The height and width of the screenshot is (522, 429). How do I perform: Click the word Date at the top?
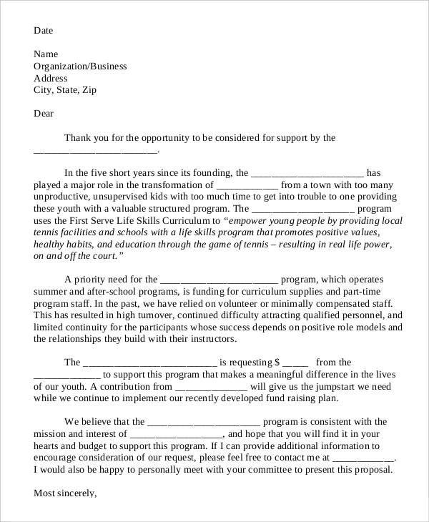pyautogui.click(x=44, y=31)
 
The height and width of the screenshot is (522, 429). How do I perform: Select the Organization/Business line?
pyautogui.click(x=80, y=67)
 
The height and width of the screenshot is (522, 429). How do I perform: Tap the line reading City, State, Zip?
pyautogui.click(x=65, y=90)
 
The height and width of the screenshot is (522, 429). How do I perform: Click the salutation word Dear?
pyautogui.click(x=44, y=114)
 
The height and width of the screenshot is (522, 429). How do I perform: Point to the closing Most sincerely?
pyautogui.click(x=65, y=493)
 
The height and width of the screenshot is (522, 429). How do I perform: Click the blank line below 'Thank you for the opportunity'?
pyautogui.click(x=96, y=150)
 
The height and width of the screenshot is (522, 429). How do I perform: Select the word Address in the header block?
pyautogui.click(x=51, y=79)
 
